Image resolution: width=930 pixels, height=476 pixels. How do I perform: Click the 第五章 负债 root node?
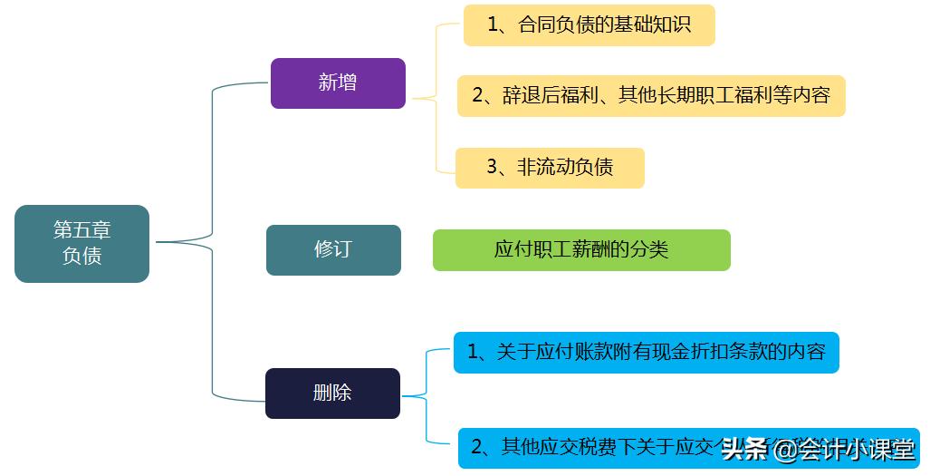(x=81, y=243)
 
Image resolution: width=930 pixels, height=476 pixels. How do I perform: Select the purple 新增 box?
(x=338, y=83)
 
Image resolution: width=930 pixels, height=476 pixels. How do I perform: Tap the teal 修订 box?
(x=333, y=249)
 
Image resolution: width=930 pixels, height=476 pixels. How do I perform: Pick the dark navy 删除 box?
(x=332, y=393)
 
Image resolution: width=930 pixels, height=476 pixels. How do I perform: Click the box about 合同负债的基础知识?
(x=589, y=25)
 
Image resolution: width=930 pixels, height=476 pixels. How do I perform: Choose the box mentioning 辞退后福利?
(x=650, y=95)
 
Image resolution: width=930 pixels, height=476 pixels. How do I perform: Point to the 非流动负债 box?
(x=550, y=168)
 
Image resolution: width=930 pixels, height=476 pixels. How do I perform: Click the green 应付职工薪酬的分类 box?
(x=581, y=250)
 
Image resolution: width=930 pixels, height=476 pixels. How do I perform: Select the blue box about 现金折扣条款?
(x=646, y=352)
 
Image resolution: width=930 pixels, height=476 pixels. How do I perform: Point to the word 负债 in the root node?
(x=81, y=257)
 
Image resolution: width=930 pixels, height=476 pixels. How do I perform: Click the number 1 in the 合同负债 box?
(x=493, y=25)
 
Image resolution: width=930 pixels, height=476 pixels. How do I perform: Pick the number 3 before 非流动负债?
(x=492, y=168)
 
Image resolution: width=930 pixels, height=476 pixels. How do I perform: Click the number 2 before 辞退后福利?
(x=477, y=95)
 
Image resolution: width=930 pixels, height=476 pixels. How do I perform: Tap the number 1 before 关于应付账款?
(x=472, y=352)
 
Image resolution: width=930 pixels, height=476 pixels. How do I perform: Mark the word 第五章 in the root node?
(x=81, y=229)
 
